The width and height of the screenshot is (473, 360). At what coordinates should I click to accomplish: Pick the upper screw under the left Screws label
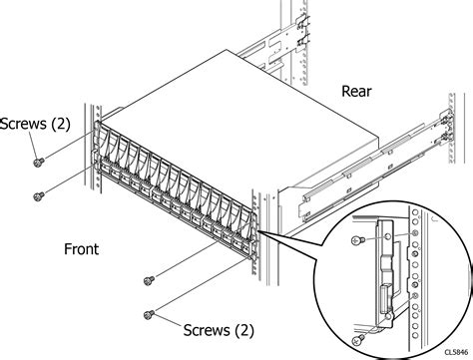tap(37, 162)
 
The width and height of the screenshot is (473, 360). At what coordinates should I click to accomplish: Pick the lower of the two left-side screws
tap(38, 194)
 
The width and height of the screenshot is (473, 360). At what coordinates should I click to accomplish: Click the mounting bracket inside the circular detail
tap(383, 274)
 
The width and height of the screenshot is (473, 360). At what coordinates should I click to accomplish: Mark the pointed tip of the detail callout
tap(262, 232)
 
